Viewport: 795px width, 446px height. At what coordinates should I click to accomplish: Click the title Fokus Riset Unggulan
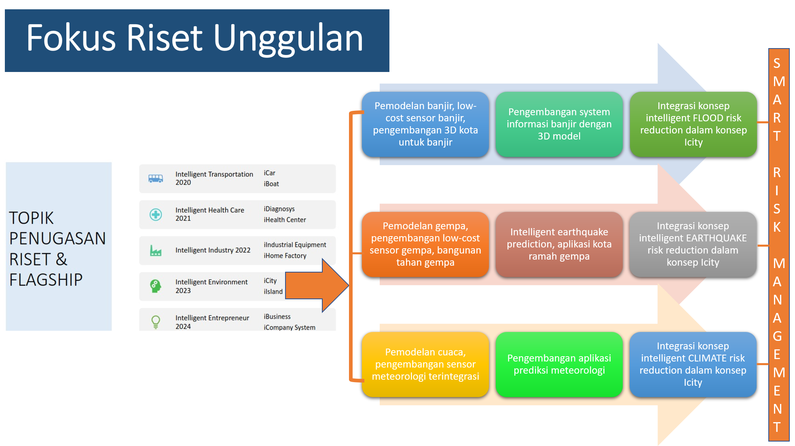tap(195, 39)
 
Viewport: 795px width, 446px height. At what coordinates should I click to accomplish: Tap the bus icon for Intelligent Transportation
tap(156, 178)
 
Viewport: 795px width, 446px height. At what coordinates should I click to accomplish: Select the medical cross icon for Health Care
tap(156, 214)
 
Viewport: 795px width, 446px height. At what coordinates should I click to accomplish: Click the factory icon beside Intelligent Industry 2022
tap(156, 251)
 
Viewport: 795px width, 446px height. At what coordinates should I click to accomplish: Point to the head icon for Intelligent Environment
tap(156, 286)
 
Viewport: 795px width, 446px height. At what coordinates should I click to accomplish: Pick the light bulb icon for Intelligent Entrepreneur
tap(156, 322)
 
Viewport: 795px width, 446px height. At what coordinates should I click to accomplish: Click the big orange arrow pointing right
tap(317, 285)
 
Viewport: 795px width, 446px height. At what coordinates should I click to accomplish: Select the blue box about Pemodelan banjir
tap(425, 124)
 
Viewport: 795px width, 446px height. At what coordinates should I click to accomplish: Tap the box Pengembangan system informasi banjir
tap(559, 124)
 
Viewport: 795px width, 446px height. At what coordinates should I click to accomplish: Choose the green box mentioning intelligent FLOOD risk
tap(693, 124)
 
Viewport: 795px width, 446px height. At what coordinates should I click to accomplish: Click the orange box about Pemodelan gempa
tap(425, 244)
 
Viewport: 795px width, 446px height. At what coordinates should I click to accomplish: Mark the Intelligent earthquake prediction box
tap(559, 244)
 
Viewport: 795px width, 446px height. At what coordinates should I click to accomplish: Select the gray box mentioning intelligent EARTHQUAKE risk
tap(693, 244)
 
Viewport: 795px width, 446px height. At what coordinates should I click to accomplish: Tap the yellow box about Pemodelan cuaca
tap(425, 364)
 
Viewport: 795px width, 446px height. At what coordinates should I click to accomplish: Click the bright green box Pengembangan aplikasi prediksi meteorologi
tap(559, 364)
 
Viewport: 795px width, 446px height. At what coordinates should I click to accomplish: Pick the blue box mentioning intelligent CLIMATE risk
tap(693, 364)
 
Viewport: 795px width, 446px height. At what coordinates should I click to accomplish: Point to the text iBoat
tap(271, 184)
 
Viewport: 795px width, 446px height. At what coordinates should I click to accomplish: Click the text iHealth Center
tap(285, 220)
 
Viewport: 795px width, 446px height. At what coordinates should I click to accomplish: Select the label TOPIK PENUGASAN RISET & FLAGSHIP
tap(57, 249)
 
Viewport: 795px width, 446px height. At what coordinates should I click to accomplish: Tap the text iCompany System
tap(290, 327)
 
